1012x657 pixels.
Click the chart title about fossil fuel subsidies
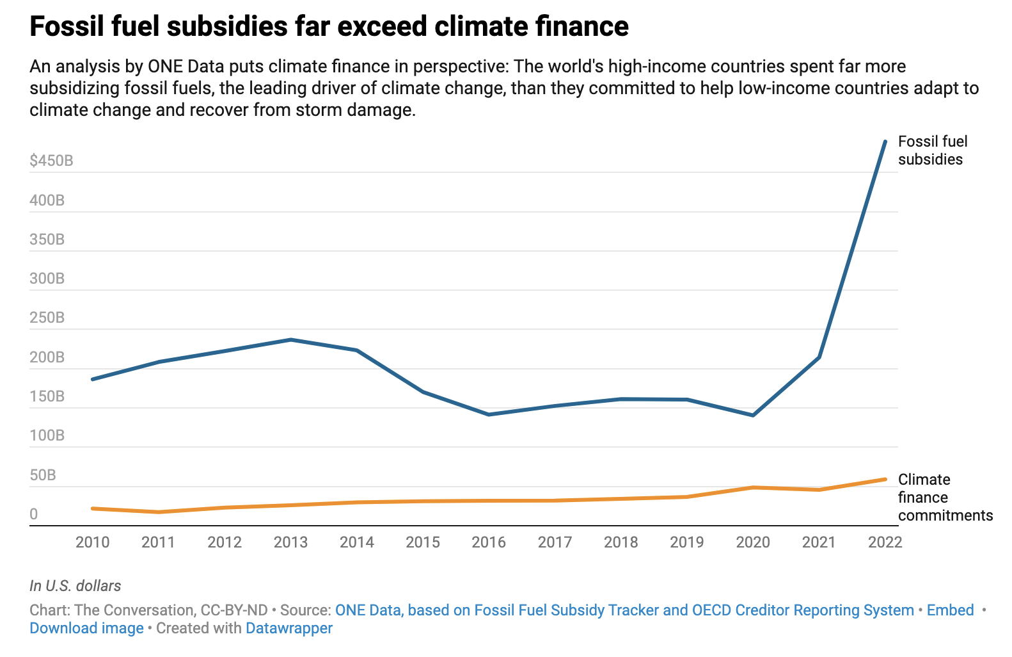(x=329, y=27)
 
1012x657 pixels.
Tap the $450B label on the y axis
(x=51, y=161)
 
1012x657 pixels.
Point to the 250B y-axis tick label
(x=47, y=318)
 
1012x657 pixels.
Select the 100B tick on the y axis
(x=47, y=435)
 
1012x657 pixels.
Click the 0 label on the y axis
(x=34, y=514)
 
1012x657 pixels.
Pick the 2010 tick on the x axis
(x=93, y=542)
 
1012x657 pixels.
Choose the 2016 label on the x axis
(x=489, y=542)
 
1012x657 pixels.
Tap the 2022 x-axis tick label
(x=885, y=542)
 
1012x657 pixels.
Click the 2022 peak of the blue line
(x=885, y=142)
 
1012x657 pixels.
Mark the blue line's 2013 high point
(x=290, y=339)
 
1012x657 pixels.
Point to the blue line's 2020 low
(x=753, y=415)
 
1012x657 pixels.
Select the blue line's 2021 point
(x=819, y=357)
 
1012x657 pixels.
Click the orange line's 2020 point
(x=753, y=487)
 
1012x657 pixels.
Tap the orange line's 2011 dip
(x=159, y=512)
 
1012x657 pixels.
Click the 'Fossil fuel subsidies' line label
(x=932, y=150)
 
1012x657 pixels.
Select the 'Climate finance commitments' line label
(x=945, y=498)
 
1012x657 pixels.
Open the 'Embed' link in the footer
(x=950, y=610)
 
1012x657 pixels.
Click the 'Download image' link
(x=86, y=628)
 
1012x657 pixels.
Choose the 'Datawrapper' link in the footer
(x=289, y=628)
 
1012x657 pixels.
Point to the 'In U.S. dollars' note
(x=75, y=586)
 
